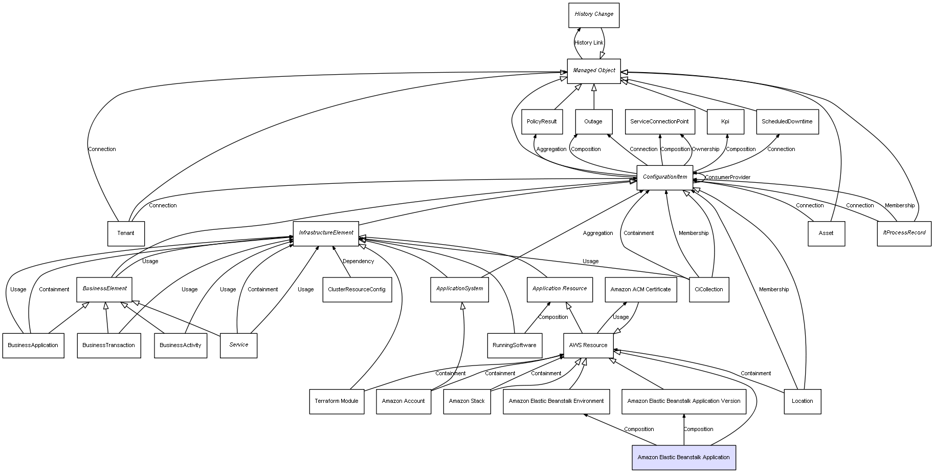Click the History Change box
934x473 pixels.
pyautogui.click(x=593, y=15)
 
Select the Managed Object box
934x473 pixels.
pyautogui.click(x=593, y=71)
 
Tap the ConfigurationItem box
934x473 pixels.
pyautogui.click(x=664, y=178)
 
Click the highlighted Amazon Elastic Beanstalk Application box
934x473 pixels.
pyautogui.click(x=683, y=458)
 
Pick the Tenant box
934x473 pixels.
pyautogui.click(x=126, y=233)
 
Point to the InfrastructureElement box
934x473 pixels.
pyautogui.click(x=326, y=233)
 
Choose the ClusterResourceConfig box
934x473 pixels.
pyautogui.click(x=357, y=290)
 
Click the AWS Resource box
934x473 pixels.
pyautogui.click(x=588, y=346)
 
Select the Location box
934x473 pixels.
pyautogui.click(x=802, y=401)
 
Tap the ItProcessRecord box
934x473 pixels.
pyautogui.click(x=904, y=233)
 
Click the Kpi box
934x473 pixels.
pyautogui.click(x=725, y=122)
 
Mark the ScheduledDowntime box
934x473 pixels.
pyautogui.click(x=787, y=122)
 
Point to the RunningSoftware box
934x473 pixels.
pyautogui.click(x=514, y=346)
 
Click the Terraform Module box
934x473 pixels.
pyautogui.click(x=337, y=401)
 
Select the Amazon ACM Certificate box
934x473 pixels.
pyautogui.click(x=640, y=290)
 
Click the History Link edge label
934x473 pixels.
pyautogui.click(x=588, y=43)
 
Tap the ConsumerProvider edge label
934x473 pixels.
pyautogui.click(x=727, y=178)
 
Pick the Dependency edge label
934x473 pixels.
pyautogui.click(x=358, y=262)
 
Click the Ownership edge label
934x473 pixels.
pyautogui.click(x=705, y=149)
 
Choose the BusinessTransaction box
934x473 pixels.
pyautogui.click(x=108, y=346)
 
